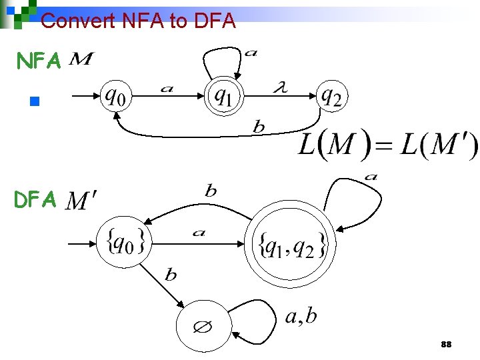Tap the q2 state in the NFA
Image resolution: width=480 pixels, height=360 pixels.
point(331,97)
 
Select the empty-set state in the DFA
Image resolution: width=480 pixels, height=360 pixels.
point(203,327)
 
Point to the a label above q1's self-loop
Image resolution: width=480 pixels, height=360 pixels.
point(251,53)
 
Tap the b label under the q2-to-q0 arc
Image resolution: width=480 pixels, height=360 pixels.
point(259,127)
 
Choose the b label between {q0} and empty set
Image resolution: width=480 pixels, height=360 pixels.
point(171,274)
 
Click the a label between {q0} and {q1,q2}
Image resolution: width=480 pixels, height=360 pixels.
point(199,233)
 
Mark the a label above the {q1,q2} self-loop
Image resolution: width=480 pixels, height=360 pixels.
point(371,177)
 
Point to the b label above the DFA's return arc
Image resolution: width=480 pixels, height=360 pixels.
point(211,191)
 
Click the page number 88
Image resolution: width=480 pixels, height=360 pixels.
point(447,345)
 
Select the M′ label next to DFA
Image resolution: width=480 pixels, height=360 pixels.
point(82,199)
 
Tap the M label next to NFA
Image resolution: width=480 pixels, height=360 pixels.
point(81,61)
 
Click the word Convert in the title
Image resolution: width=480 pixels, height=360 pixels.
point(79,21)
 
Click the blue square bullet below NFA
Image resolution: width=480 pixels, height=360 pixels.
point(35,102)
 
